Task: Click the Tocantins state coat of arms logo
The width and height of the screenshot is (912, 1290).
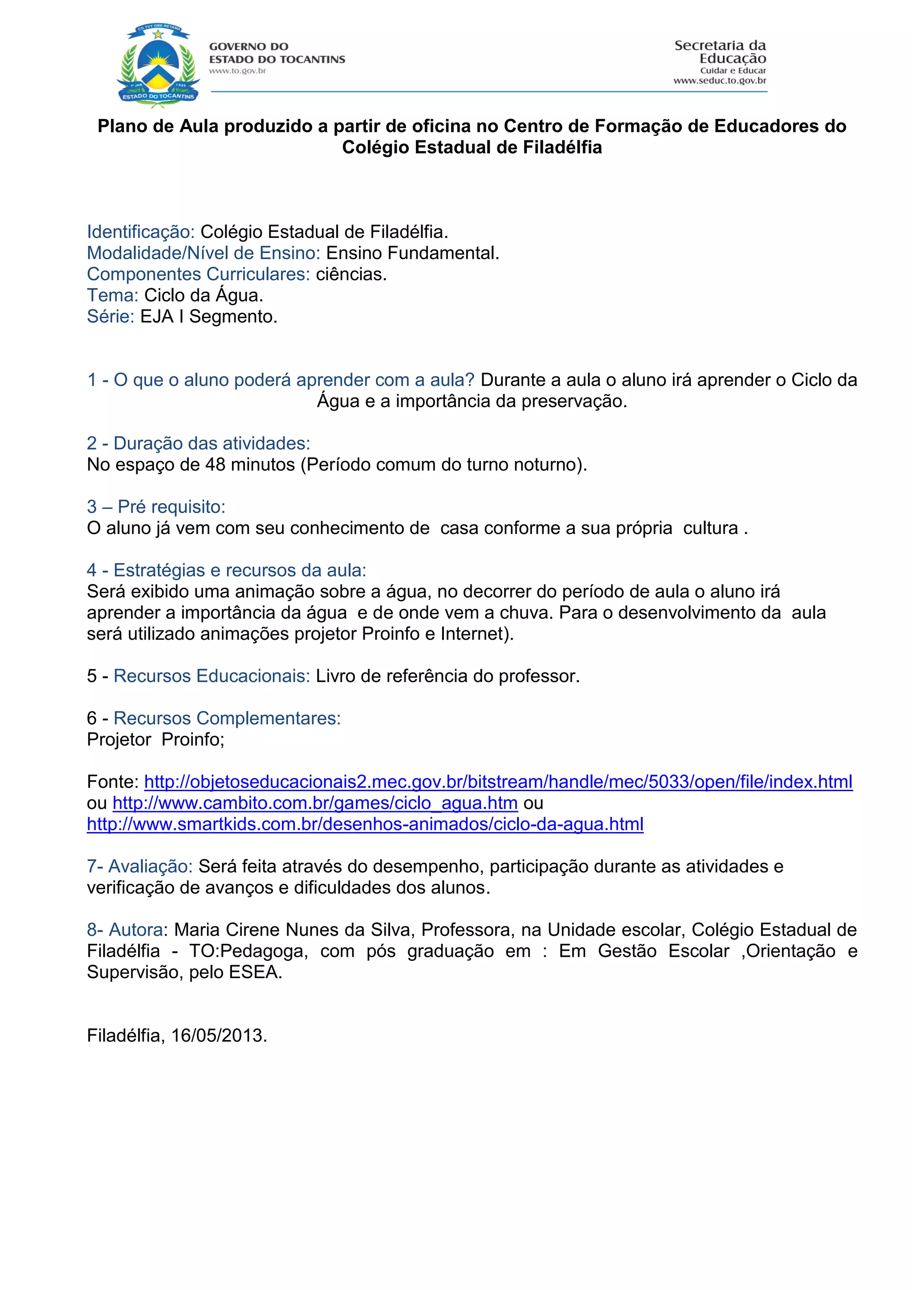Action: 159,65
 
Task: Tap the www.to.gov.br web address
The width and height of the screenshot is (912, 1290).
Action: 237,71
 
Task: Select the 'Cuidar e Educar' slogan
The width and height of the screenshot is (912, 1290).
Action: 733,71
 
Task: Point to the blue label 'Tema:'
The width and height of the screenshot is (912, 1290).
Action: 112,295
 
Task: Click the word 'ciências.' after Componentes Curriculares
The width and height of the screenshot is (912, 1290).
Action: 351,274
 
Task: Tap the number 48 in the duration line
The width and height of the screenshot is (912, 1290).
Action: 215,465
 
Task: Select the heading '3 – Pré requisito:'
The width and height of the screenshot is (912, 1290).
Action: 156,507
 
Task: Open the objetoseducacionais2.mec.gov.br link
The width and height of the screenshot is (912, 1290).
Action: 498,782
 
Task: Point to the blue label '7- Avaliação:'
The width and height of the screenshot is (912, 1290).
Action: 140,866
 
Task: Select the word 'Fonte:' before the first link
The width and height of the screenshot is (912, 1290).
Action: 113,782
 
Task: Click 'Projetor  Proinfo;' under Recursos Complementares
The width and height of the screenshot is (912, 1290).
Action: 155,739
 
